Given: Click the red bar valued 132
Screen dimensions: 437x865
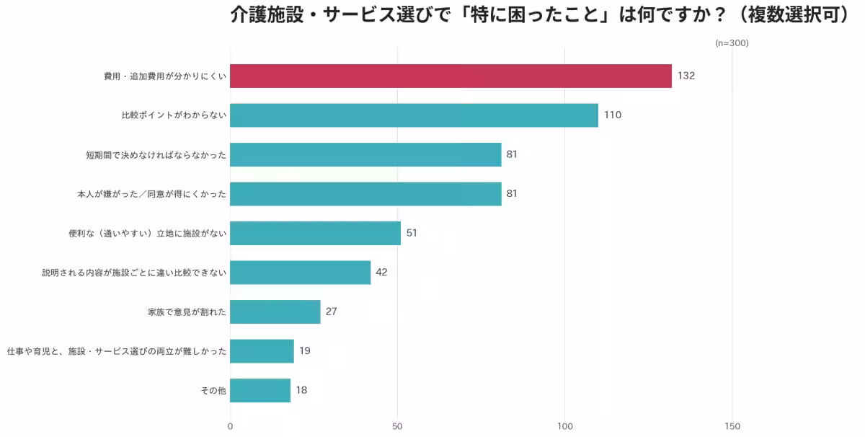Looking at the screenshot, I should (451, 76).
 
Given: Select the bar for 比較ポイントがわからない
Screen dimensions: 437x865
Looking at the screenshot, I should (414, 115).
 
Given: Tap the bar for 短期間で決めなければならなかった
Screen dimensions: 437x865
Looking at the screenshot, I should (365, 154).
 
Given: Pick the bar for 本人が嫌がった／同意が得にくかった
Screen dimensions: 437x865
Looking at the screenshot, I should (365, 194).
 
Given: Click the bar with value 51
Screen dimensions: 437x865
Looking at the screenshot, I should (315, 233).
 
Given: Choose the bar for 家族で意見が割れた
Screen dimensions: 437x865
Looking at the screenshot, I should (275, 312).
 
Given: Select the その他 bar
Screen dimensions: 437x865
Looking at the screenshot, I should (260, 390).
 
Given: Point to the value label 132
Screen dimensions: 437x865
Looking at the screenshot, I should (686, 76).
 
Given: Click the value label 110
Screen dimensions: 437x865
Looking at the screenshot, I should (613, 115).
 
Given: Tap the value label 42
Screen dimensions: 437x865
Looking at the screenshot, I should (382, 273).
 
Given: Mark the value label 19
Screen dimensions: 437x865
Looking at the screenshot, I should (305, 351).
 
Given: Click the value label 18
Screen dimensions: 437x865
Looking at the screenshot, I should (301, 390).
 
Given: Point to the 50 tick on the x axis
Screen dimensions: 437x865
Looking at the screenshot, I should (397, 426).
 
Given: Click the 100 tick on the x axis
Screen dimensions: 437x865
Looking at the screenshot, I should (564, 426).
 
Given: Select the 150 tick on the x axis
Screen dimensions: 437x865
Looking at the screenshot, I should (732, 426).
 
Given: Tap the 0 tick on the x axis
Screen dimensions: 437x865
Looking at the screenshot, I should (230, 426).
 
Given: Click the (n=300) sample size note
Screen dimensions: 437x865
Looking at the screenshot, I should (732, 43).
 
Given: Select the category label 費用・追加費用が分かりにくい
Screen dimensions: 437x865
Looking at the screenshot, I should (165, 76).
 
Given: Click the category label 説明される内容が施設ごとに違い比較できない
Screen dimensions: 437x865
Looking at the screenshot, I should (134, 273).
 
